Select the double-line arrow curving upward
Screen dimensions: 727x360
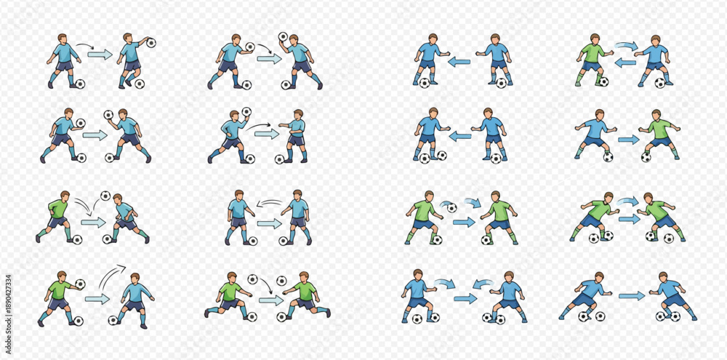pos(111,276)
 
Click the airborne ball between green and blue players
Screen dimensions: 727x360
pos(105,196)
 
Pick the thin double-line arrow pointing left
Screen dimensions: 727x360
pos(270,203)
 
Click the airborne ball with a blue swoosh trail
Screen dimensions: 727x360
pos(451,207)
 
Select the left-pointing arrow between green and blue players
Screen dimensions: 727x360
pos(625,63)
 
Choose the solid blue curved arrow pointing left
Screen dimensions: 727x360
pos(483,283)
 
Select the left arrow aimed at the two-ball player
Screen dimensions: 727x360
pos(460,137)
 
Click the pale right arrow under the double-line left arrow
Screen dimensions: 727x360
pos(270,223)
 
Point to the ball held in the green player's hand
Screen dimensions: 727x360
pos(80,284)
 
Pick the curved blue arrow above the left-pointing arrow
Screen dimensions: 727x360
pos(626,46)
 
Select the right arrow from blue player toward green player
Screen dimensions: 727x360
pos(629,140)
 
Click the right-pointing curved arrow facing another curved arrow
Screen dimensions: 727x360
pos(445,284)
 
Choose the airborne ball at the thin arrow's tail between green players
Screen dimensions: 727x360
pos(252,279)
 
